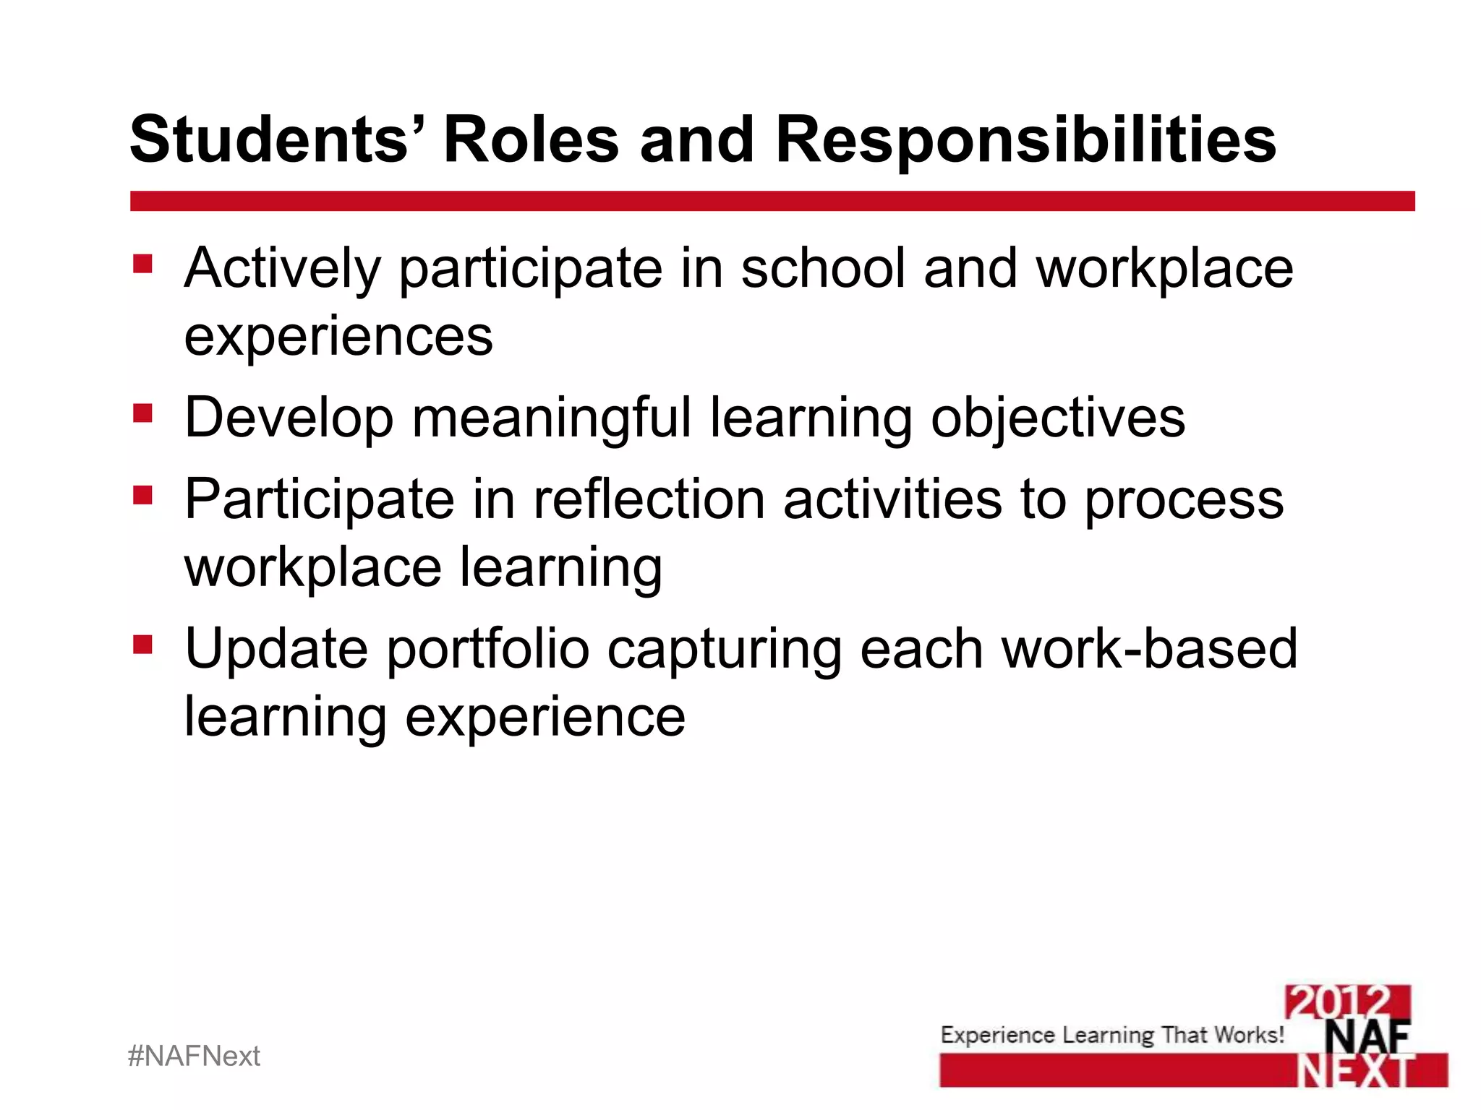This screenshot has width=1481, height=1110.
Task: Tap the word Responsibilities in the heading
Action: [1025, 140]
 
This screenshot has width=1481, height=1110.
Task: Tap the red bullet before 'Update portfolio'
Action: [142, 643]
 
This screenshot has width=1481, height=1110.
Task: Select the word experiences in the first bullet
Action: [338, 336]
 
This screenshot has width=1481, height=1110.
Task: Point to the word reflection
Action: [649, 499]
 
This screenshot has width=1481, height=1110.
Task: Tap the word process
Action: [1184, 499]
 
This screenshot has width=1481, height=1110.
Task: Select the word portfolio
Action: [488, 648]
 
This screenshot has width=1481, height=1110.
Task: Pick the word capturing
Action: [724, 650]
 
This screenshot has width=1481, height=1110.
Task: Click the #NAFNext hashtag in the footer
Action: [194, 1056]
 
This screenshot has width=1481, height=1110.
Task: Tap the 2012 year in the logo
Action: [1346, 1002]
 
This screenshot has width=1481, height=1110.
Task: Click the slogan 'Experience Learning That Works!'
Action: [1111, 1035]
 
